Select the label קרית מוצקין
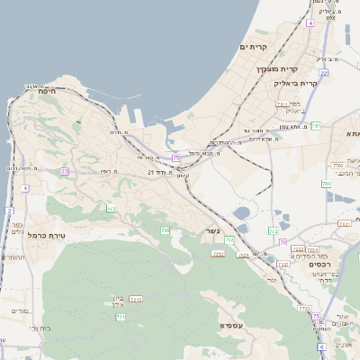click(x=276, y=69)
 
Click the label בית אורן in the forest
click(x=120, y=301)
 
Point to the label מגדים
click(x=18, y=311)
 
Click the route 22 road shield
click(x=323, y=73)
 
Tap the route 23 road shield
click(x=65, y=171)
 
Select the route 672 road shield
click(x=112, y=209)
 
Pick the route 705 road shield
click(x=165, y=231)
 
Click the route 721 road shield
click(x=120, y=317)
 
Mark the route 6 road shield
click(x=321, y=346)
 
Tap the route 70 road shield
click(x=283, y=243)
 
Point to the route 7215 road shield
click(x=136, y=299)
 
